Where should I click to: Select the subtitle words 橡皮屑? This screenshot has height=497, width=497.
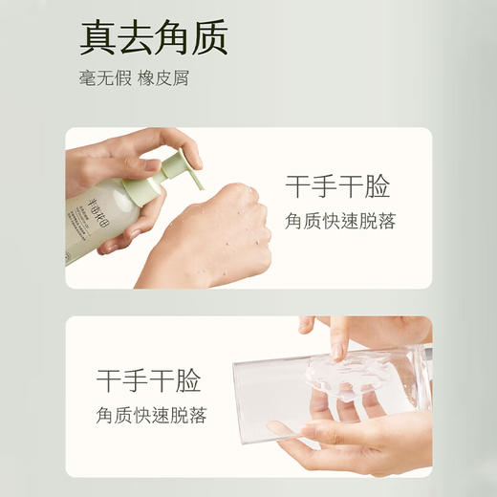[x=163, y=78]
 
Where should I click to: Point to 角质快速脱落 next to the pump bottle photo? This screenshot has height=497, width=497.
[x=339, y=221]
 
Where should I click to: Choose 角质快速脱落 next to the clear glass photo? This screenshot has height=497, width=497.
[x=150, y=416]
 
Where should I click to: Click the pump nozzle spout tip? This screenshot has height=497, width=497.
[x=201, y=184]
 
